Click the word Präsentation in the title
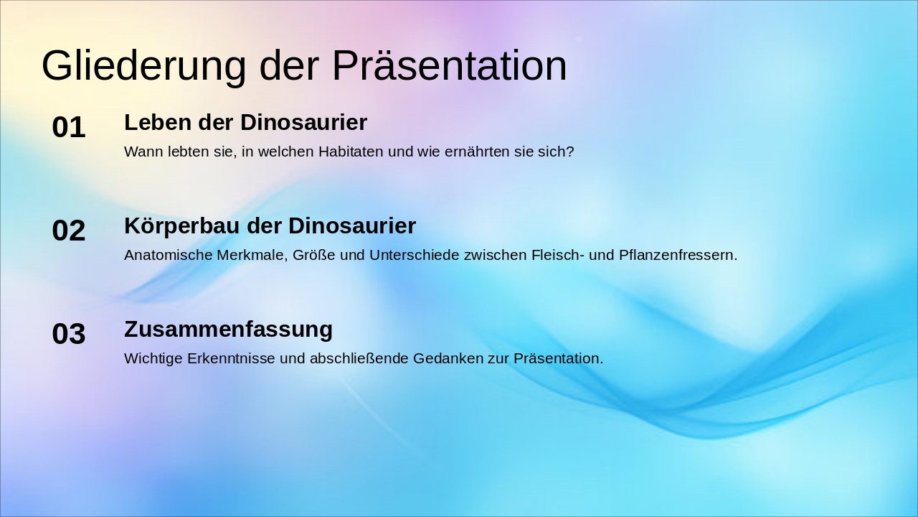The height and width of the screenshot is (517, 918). [x=449, y=66]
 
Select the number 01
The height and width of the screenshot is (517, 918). [x=69, y=128]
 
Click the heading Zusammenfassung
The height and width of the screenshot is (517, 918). [x=228, y=330]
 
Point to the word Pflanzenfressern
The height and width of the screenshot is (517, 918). [x=678, y=255]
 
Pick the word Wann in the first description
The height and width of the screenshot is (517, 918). [x=140, y=152]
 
